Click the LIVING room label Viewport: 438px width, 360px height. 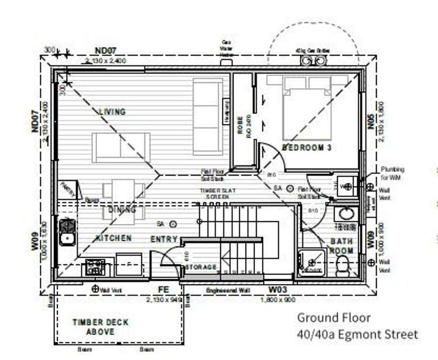click(112, 112)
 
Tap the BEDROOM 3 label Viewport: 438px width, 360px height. click(307, 148)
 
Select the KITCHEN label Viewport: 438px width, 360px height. click(113, 238)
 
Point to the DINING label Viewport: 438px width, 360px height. click(122, 209)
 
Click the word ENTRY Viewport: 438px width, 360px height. click(164, 240)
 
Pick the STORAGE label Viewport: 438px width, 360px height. click(201, 267)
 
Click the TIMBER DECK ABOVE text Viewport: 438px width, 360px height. click(100, 327)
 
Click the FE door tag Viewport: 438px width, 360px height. click(164, 289)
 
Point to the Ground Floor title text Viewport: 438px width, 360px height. click(333, 318)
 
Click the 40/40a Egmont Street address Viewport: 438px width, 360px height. click(357, 334)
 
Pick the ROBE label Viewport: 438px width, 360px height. click(240, 127)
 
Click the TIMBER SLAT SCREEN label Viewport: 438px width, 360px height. click(216, 193)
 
